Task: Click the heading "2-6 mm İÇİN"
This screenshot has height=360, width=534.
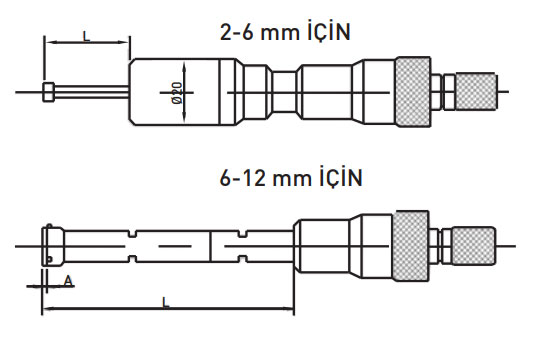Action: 285,31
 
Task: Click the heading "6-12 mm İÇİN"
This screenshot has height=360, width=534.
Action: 291,177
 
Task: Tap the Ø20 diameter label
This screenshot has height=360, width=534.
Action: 177,93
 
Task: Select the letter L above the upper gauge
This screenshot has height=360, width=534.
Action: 87,36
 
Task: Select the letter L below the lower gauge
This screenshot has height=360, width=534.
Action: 166,303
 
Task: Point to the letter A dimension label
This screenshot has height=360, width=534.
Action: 68,281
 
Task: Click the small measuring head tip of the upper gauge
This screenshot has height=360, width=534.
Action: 48,92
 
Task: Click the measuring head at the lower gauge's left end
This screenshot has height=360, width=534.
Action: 52,246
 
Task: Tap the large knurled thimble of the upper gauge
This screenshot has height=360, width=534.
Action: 413,92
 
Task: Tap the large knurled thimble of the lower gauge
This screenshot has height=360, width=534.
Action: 410,246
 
